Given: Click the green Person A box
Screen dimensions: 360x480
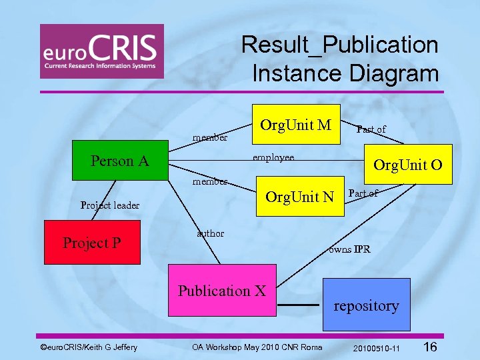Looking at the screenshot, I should (120, 161).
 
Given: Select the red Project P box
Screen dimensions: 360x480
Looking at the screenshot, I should (92, 243).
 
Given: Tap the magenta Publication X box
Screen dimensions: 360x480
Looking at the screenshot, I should (222, 291).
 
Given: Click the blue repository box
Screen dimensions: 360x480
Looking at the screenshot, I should (366, 306).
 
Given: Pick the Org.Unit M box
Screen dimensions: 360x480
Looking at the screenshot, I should (296, 125).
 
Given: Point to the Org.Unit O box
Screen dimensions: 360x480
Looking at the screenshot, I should (407, 164).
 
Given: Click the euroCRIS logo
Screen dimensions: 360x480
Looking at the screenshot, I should (101, 51).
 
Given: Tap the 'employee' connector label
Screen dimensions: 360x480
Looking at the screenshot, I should (273, 158).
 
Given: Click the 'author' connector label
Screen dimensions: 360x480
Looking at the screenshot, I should (211, 233).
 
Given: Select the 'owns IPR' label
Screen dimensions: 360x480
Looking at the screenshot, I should (349, 250).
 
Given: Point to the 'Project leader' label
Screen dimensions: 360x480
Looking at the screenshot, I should (110, 205).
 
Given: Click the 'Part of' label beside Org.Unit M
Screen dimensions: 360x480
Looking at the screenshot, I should (371, 129).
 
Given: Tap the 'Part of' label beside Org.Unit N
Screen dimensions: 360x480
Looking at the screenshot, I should (363, 193).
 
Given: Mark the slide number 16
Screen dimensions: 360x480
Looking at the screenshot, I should (430, 347).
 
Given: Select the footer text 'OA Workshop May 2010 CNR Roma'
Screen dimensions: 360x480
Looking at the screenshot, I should (257, 347).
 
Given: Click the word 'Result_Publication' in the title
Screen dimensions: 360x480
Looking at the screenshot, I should (340, 45).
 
